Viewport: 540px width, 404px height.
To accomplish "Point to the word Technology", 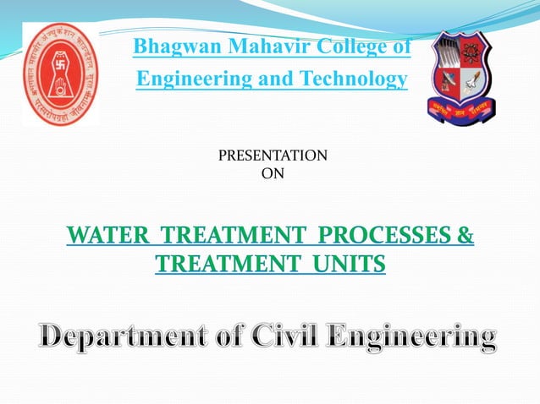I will [349, 79].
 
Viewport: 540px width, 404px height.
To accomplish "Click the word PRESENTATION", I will [273, 156].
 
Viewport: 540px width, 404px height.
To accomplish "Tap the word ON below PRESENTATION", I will [273, 173].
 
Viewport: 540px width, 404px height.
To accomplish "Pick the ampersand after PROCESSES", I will [466, 234].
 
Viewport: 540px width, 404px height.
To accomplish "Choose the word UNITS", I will [347, 265].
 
